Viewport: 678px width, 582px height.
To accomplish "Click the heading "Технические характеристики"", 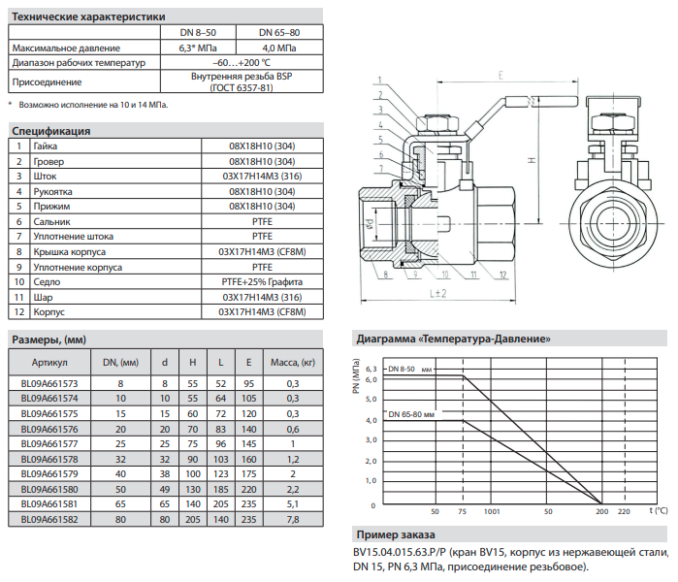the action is coord(88,16).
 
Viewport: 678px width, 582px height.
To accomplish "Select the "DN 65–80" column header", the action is coord(279,32).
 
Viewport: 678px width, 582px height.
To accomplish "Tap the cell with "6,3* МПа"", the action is coord(198,48).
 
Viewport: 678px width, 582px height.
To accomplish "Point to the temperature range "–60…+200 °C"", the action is coord(242,63).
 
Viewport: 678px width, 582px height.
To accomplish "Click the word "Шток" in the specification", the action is coord(45,177).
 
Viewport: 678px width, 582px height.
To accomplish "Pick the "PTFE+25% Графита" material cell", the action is coord(262,282).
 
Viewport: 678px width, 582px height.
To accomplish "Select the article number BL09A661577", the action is coord(49,444).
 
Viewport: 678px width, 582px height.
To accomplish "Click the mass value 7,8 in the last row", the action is coord(293,519).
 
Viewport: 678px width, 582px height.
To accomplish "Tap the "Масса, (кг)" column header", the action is coord(293,363).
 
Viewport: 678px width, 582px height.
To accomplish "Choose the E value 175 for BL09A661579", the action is coord(248,474).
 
